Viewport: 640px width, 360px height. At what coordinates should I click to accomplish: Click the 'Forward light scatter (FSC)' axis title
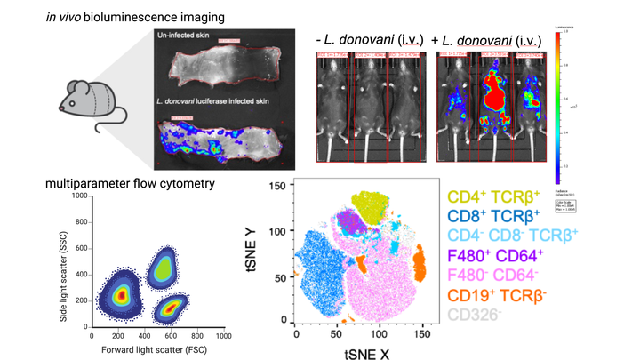(156, 348)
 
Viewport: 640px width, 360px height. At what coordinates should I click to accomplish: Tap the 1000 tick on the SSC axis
(77, 195)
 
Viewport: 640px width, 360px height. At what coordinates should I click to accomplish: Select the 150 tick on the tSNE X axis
(426, 331)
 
